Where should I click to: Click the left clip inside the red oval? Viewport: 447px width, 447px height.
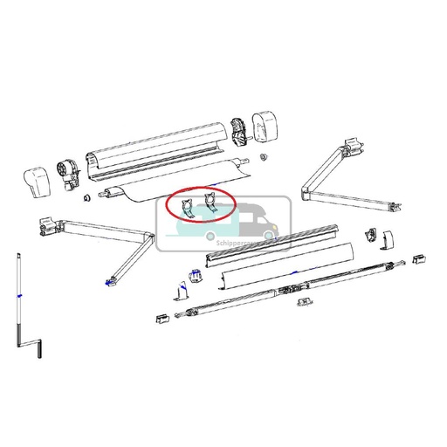click(x=188, y=208)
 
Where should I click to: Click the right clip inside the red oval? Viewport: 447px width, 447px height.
click(x=210, y=206)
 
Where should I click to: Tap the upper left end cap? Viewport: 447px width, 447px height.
click(x=35, y=181)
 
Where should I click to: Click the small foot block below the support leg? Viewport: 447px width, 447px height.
click(x=162, y=318)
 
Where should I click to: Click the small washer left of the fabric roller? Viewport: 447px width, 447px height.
click(x=86, y=197)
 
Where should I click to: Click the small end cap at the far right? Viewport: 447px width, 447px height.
click(x=419, y=258)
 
